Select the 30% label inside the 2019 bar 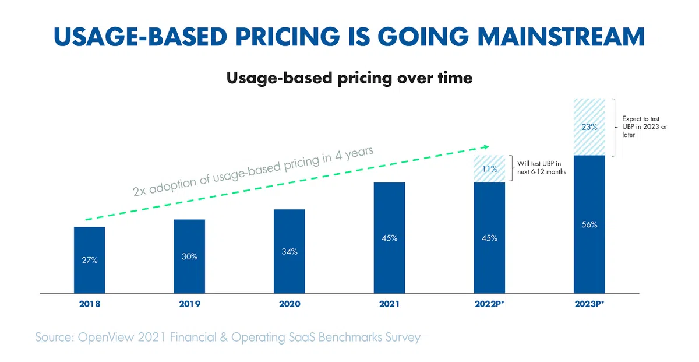click(x=189, y=256)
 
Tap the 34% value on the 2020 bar click(x=289, y=252)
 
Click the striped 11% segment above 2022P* click(x=489, y=169)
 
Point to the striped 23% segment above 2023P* click(x=589, y=127)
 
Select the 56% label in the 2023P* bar click(x=589, y=224)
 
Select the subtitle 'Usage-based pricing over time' click(x=349, y=78)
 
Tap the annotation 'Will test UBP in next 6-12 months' click(x=539, y=167)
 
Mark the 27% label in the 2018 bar click(x=89, y=261)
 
